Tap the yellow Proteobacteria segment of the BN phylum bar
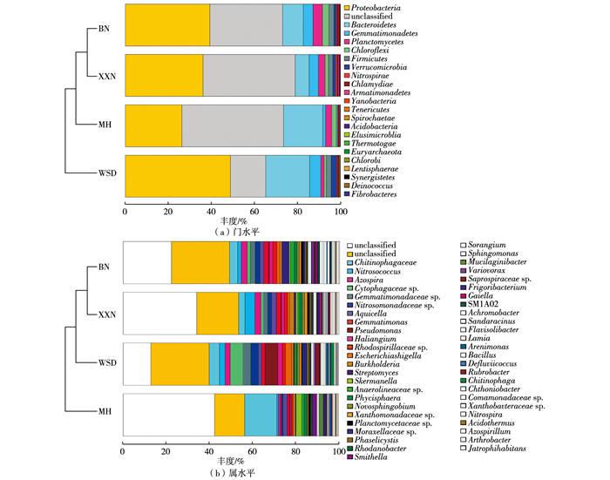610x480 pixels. click(167, 24)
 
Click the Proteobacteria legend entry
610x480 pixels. click(387, 8)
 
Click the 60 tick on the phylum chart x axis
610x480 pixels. click(254, 212)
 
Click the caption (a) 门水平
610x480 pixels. click(233, 233)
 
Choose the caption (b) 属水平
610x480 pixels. click(233, 474)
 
